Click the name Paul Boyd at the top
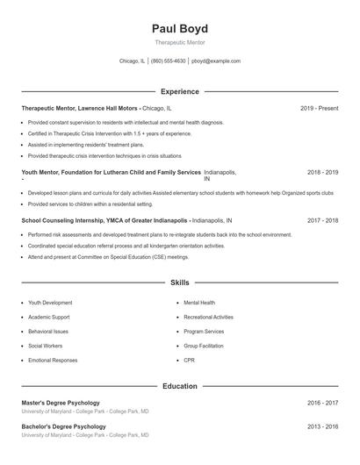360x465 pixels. tap(179, 28)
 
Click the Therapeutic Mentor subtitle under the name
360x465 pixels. tap(179, 43)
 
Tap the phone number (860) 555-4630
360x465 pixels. tap(169, 61)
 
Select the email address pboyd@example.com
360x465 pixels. tap(216, 61)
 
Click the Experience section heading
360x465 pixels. tap(179, 91)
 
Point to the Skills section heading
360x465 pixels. tap(179, 283)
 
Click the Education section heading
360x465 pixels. tap(179, 386)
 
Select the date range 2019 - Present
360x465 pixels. tap(319, 108)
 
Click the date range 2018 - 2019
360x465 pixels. tap(322, 173)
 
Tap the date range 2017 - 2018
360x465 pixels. tap(322, 221)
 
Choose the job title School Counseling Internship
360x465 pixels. tap(68, 221)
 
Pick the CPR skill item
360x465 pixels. tap(190, 361)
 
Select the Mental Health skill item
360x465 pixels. tap(199, 303)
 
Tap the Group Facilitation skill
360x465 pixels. tap(205, 347)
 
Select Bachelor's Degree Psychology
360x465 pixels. tap(65, 426)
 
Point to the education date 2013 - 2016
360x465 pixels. tap(322, 426)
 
